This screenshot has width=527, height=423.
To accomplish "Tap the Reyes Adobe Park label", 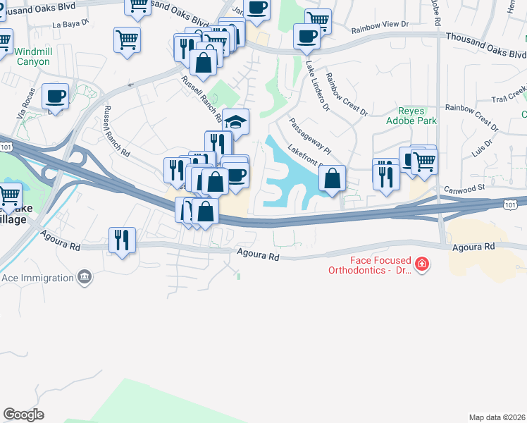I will [417, 116].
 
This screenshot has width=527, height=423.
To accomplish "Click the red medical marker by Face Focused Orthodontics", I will [422, 265].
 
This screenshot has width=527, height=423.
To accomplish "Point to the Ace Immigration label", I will [38, 278].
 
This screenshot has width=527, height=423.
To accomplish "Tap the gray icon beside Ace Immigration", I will [85, 277].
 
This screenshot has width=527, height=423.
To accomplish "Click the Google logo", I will [23, 415].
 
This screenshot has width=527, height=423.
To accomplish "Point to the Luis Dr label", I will [480, 147].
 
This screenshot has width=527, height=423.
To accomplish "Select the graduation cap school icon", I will [237, 121].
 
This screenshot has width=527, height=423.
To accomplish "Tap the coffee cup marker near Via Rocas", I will [55, 97].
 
